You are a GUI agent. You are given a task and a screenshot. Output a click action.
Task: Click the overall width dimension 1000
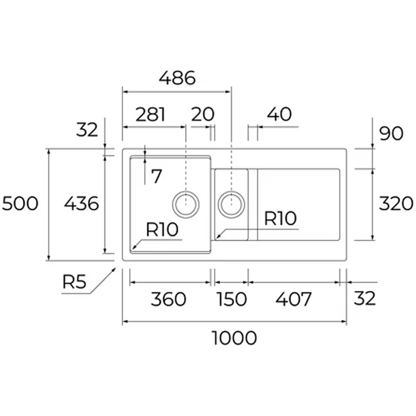[235, 338]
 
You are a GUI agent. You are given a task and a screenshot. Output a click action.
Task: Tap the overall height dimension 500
[20, 204]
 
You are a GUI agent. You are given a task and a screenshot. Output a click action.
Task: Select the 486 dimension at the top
[177, 78]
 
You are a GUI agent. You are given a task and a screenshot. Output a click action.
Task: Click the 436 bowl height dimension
[82, 204]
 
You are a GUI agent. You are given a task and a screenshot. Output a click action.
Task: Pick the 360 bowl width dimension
[168, 299]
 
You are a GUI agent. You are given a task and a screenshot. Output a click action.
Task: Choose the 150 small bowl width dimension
[231, 299]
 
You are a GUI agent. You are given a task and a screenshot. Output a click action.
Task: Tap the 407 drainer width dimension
[293, 299]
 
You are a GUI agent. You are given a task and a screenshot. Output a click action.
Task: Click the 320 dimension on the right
[396, 204]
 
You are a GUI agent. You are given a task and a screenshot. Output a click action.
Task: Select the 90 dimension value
[391, 134]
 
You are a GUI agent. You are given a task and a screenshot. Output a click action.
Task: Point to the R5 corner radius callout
[74, 282]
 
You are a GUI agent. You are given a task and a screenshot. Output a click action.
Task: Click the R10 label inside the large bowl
[162, 229]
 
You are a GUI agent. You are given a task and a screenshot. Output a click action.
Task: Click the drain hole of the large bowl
[186, 204]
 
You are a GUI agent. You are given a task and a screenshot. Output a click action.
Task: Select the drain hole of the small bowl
[232, 204]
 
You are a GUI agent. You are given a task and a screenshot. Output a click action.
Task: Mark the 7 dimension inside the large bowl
[156, 177]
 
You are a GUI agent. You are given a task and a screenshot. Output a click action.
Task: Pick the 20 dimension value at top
[203, 114]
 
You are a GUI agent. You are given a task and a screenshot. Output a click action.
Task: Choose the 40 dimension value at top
[279, 114]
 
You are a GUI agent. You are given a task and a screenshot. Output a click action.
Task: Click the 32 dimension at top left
[87, 130]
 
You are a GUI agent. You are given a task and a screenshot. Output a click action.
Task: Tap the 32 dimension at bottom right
[365, 298]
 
